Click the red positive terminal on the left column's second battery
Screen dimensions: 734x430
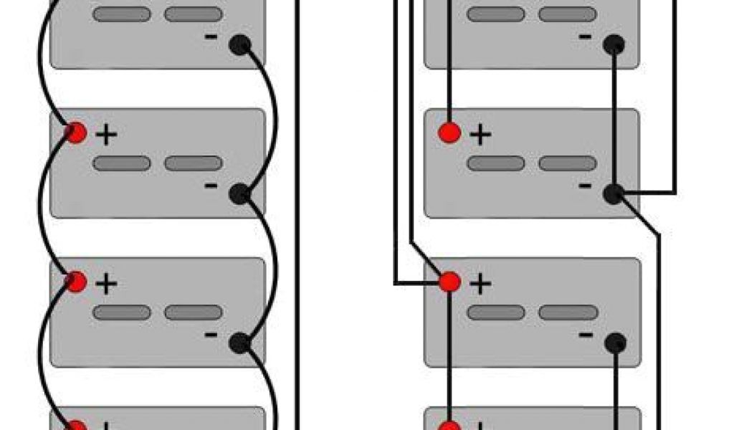tap(76, 133)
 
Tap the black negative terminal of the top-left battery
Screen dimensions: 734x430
tap(239, 45)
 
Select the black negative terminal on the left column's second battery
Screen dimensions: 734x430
tap(239, 193)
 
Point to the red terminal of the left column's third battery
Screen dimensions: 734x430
tap(76, 282)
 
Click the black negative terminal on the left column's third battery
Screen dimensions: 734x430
tap(239, 343)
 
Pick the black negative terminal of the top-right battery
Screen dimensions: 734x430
tap(614, 45)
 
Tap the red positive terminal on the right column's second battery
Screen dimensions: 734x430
tap(449, 133)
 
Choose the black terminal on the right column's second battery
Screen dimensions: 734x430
tap(614, 193)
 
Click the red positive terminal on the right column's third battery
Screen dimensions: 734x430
tap(449, 282)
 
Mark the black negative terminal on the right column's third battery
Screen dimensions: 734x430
tap(615, 343)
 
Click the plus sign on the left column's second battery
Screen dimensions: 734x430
tap(106, 135)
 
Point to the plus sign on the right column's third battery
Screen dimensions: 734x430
tap(480, 284)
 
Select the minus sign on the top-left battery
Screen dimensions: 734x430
tap(211, 37)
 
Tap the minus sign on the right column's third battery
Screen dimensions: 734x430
tap(586, 335)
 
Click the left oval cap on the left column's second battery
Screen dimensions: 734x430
tap(122, 163)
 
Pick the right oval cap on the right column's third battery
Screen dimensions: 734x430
tap(568, 312)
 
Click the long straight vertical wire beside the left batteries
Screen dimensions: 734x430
tap(297, 215)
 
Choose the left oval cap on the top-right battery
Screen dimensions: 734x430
tap(496, 14)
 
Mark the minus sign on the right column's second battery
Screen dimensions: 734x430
tap(585, 186)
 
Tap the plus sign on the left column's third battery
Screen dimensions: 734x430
tap(106, 284)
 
